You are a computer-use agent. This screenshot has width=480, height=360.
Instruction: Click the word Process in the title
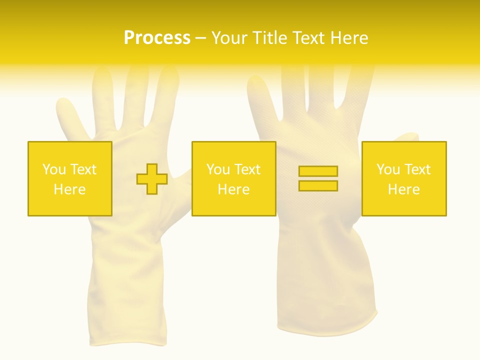[x=157, y=38]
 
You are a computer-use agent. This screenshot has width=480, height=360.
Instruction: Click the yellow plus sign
[x=152, y=178]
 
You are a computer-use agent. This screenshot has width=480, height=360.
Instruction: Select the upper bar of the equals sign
[x=318, y=171]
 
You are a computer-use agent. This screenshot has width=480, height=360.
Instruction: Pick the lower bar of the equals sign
[x=318, y=185]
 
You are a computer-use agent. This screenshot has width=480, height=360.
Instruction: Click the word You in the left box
[x=54, y=169]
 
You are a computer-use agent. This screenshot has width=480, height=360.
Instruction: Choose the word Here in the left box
[x=69, y=189]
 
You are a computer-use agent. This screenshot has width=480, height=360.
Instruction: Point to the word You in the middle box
[x=218, y=169]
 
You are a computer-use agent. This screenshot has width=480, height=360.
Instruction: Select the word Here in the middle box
[x=233, y=189]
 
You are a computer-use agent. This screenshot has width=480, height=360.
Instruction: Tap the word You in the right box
[x=388, y=169]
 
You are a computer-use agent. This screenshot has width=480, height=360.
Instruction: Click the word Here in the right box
[x=403, y=189]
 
